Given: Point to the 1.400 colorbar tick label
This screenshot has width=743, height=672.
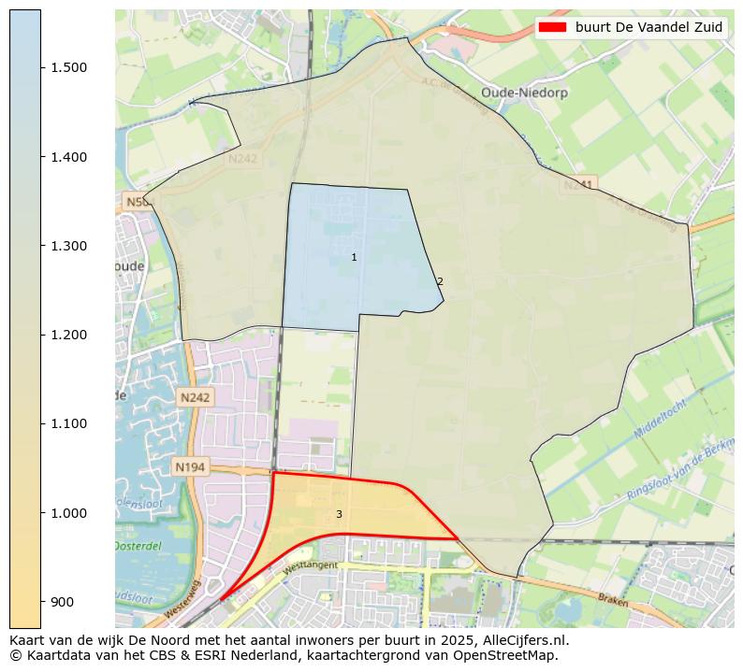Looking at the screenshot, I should tap(68, 157).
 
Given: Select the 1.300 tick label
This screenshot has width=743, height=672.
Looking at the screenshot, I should tap(68, 246).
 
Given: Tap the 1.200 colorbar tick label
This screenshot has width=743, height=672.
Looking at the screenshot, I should tap(68, 335).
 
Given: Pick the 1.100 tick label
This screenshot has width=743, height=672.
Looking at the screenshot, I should tap(68, 423).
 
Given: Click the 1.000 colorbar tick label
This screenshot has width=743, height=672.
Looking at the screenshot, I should tap(68, 513).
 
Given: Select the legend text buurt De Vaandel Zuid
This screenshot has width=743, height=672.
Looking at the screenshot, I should tap(648, 27).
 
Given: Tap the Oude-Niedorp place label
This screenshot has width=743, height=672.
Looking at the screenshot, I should tap(518, 93).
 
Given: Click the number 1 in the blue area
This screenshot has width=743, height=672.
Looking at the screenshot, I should tap(354, 257).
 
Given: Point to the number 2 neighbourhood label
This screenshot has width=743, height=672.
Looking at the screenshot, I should tap(440, 281).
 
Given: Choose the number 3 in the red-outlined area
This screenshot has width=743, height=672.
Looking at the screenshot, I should tap(339, 514).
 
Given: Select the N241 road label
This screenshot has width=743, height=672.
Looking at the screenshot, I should tap(577, 185).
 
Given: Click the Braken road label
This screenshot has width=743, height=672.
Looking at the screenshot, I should tap(614, 600).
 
